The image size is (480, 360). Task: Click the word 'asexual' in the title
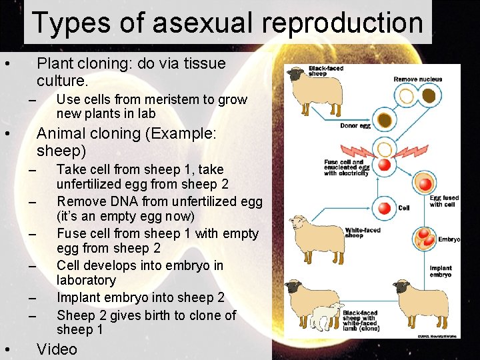pos(203,22)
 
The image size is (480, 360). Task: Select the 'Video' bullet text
pos(57,349)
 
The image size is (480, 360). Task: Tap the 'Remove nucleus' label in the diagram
pos(417,79)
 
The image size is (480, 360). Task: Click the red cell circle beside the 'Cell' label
pos(383,208)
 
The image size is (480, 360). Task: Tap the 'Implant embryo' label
pos(440,271)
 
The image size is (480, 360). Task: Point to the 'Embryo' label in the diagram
pos(448,239)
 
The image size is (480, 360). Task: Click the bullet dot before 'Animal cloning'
pos(6,134)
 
